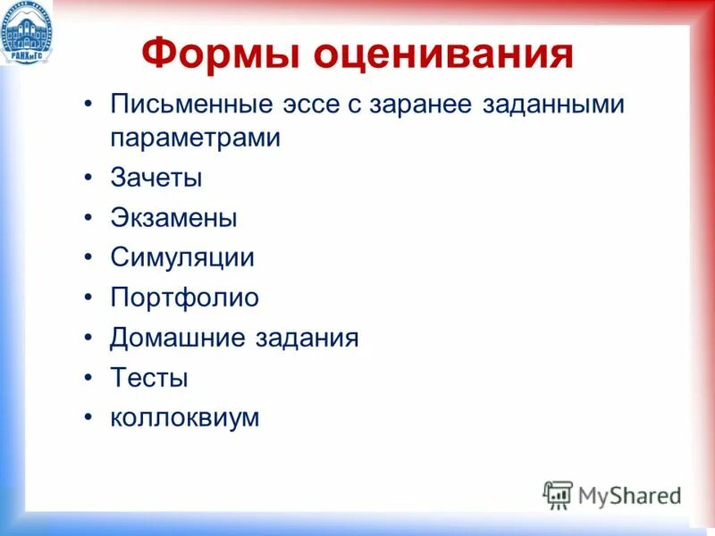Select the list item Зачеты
(156, 178)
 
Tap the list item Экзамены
(173, 218)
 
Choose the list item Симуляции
(182, 258)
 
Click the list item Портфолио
(184, 297)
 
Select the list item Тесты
(148, 378)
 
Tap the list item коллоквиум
(184, 417)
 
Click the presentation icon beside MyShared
(558, 494)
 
